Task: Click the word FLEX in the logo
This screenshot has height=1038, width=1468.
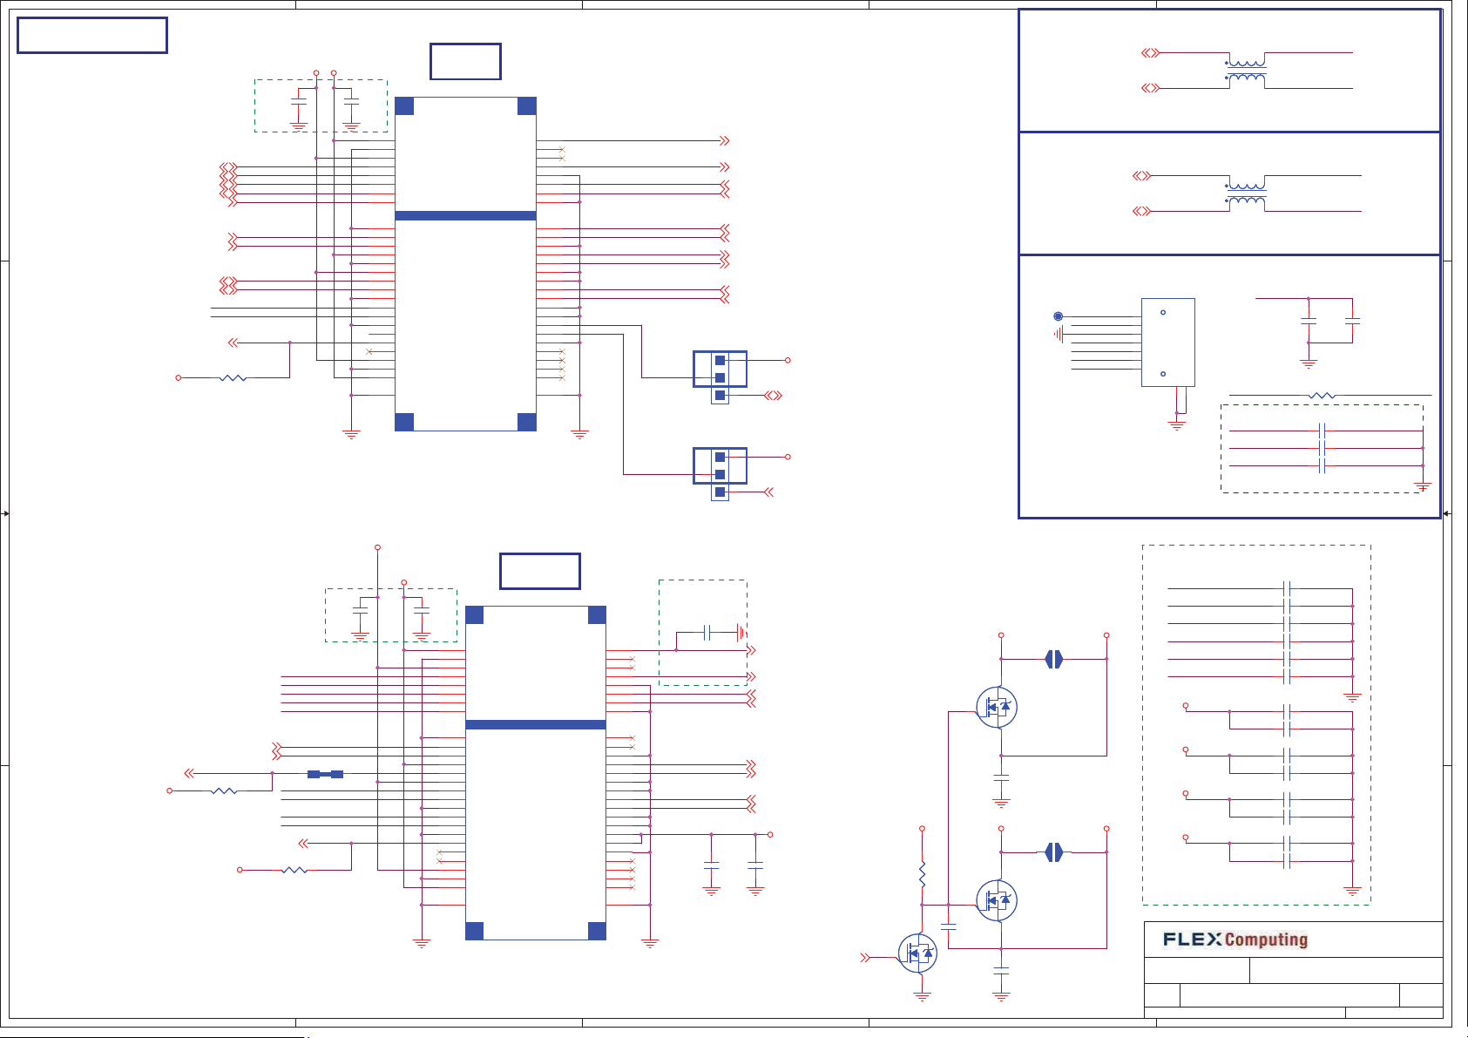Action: (x=1192, y=939)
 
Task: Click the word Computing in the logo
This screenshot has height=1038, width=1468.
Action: (x=1266, y=940)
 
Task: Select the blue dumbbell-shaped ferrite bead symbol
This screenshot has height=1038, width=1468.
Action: (x=325, y=775)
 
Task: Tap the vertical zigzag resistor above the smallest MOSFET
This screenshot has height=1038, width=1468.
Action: (x=922, y=875)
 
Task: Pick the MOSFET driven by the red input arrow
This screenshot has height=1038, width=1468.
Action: (x=917, y=953)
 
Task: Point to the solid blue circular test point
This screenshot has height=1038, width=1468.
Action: (x=1058, y=316)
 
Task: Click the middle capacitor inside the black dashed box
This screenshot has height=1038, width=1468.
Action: (x=1322, y=449)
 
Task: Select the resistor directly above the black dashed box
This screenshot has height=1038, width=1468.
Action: (x=1321, y=396)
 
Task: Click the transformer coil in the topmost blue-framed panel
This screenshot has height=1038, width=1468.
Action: (x=1246, y=71)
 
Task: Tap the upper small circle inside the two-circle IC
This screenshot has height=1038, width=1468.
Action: (x=1163, y=313)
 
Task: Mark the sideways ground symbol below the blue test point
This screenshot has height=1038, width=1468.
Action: (x=1058, y=335)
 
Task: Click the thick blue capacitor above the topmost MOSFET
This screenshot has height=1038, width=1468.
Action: (x=1054, y=659)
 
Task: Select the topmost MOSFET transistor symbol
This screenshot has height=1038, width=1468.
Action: (x=997, y=707)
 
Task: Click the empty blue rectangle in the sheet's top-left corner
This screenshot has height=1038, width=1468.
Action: (x=92, y=36)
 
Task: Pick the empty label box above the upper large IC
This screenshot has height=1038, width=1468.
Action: (x=465, y=62)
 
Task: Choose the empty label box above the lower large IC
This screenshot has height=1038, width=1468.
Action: (x=540, y=571)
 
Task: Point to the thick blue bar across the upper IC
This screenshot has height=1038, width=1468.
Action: (x=465, y=216)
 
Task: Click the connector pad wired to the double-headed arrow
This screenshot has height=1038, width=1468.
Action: (x=720, y=396)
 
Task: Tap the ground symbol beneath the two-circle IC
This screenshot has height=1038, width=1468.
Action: (x=1177, y=425)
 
